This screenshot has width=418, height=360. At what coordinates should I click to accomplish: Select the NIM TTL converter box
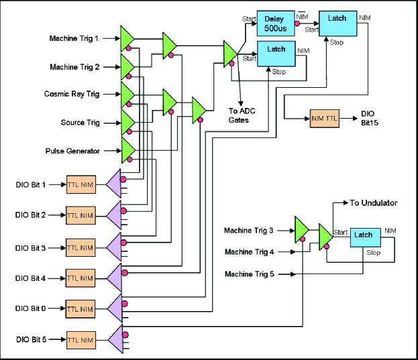[323, 118]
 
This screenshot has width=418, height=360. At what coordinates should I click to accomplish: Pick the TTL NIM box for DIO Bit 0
[81, 310]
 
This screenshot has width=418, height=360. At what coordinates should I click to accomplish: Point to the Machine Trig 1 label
[74, 38]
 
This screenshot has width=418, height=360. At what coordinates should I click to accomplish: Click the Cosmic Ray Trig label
[72, 94]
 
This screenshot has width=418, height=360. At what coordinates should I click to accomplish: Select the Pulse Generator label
[72, 151]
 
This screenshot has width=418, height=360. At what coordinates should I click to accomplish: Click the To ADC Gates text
[239, 115]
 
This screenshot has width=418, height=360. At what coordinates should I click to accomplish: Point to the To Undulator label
[374, 202]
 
